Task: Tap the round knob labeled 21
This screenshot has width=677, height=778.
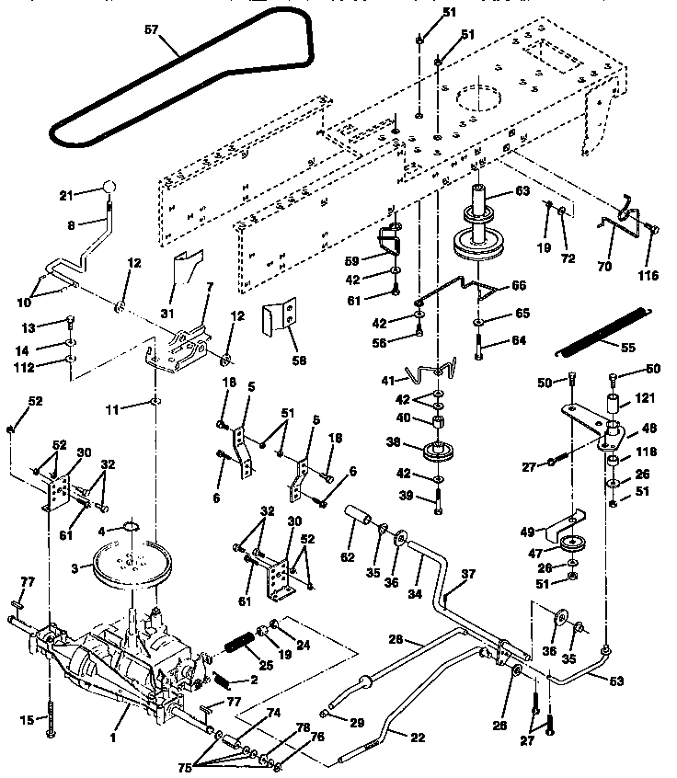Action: [109, 188]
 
